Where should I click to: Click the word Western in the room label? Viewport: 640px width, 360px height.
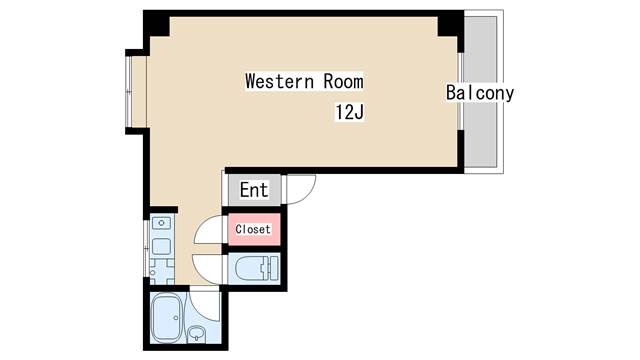pos(280,81)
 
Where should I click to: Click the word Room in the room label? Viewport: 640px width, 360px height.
pos(343,81)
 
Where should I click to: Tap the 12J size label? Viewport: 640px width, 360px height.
pos(349,112)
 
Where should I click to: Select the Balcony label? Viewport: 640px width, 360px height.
pos(480,93)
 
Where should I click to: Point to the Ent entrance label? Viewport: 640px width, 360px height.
pos(254,190)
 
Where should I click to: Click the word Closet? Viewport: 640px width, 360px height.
pos(253,229)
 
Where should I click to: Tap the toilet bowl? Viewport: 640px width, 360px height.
pos(250,269)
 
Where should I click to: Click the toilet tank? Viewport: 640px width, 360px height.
pos(271,269)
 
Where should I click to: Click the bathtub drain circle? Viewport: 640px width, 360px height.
pos(176,318)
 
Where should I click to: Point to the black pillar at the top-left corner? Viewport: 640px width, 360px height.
pos(156,24)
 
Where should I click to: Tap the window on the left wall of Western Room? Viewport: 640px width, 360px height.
pos(129,91)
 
